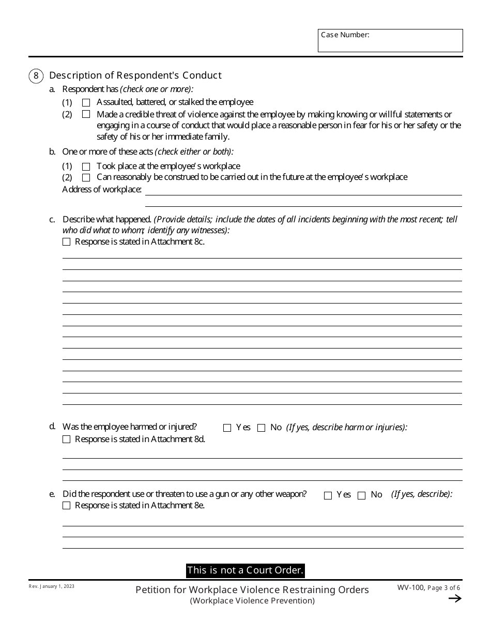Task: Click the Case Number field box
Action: (x=390, y=41)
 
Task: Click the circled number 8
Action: (x=36, y=75)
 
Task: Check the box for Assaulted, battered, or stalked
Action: (x=86, y=102)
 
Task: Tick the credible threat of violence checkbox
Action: (x=86, y=114)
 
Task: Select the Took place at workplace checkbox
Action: (x=86, y=166)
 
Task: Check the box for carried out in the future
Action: (x=86, y=177)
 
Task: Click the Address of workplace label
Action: (x=102, y=189)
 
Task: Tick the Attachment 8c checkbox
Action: (x=66, y=241)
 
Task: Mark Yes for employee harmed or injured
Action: (x=227, y=428)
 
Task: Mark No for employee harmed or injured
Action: (x=261, y=428)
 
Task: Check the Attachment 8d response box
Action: (x=66, y=440)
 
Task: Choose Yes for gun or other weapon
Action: (x=328, y=495)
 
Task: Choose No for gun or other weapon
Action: (x=361, y=495)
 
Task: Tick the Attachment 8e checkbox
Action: (x=66, y=506)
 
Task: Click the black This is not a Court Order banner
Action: (x=245, y=570)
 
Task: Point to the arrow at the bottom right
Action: (x=454, y=599)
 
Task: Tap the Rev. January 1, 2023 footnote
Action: (x=52, y=586)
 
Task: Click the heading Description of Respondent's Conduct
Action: (x=135, y=75)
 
